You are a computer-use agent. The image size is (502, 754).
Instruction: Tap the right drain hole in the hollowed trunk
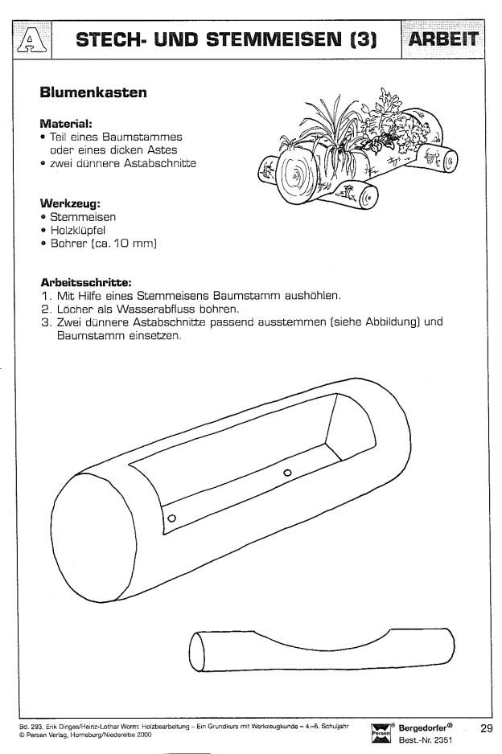pos(287,473)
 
